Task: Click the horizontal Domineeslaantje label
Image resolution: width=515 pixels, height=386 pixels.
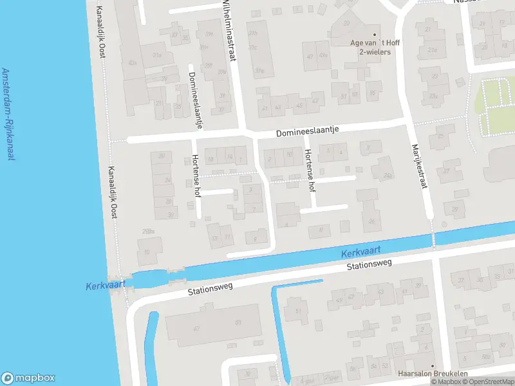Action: coord(307,131)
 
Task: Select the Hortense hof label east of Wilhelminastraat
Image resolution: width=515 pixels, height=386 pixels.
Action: coord(310,170)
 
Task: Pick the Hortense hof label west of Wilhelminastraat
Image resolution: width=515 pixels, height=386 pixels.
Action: coord(196,176)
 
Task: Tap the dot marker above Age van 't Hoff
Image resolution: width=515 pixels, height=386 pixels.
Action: coord(375,35)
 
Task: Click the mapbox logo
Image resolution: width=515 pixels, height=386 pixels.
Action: coord(28,378)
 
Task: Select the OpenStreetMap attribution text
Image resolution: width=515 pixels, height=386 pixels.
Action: coord(487,382)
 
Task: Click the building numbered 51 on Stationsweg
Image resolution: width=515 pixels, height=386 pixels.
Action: coord(298,311)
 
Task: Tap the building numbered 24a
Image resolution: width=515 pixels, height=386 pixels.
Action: coord(387,174)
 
